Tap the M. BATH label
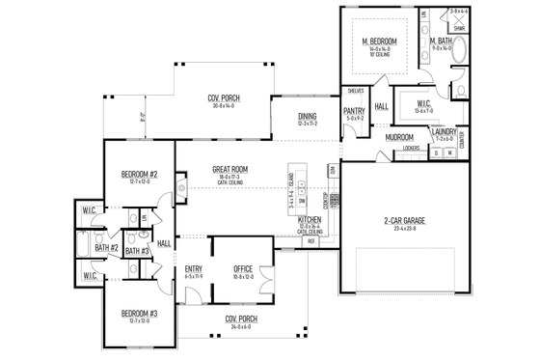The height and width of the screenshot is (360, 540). pyautogui.click(x=442, y=41)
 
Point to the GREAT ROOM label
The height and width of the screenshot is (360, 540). pyautogui.click(x=230, y=170)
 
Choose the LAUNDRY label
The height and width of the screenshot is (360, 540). pyautogui.click(x=445, y=131)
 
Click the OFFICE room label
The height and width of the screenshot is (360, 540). pyautogui.click(x=242, y=269)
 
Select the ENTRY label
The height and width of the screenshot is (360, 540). pyautogui.click(x=193, y=269)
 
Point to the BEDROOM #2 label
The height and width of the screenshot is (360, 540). pyautogui.click(x=140, y=174)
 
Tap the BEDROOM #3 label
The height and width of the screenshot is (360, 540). pyautogui.click(x=140, y=314)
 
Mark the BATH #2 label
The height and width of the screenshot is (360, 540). pyautogui.click(x=105, y=248)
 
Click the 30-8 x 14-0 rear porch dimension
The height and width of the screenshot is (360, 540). pyautogui.click(x=224, y=105)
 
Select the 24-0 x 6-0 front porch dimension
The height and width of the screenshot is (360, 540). pyautogui.click(x=239, y=326)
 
